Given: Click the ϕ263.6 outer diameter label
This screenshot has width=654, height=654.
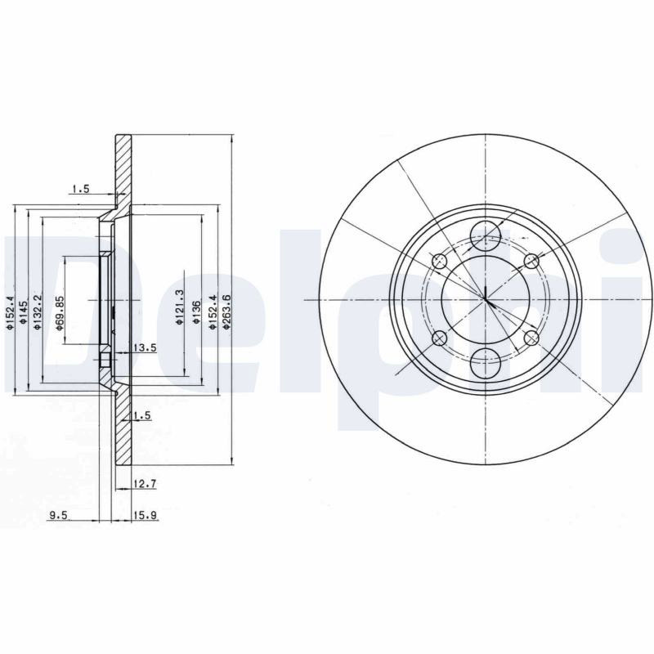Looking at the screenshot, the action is [226, 312].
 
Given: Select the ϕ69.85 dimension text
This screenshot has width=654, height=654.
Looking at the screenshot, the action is [60, 314].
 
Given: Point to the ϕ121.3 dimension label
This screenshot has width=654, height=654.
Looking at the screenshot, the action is [180, 308].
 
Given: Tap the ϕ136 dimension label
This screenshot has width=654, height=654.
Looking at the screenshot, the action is [196, 312].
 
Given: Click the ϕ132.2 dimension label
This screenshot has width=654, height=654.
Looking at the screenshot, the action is [38, 312].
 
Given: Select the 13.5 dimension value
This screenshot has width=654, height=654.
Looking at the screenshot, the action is [145, 347].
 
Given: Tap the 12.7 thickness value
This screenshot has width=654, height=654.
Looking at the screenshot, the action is [145, 484].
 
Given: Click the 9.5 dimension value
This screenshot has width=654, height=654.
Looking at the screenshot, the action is [58, 516].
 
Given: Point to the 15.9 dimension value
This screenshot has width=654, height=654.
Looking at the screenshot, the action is [145, 516].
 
